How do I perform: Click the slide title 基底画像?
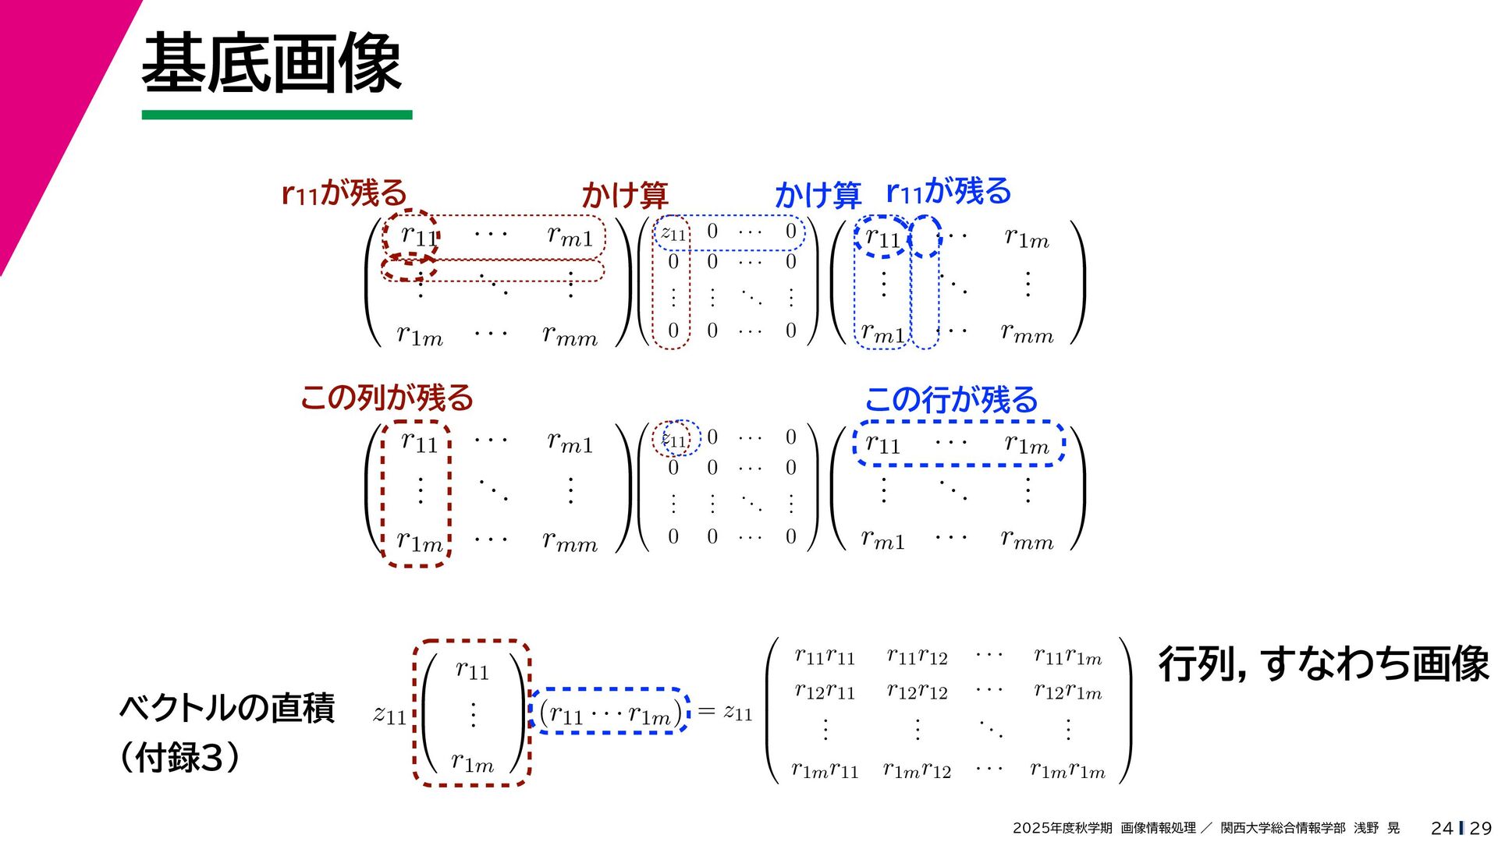[x=271, y=64]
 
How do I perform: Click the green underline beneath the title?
[x=277, y=115]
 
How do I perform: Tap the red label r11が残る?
[x=344, y=193]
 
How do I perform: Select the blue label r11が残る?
[x=948, y=191]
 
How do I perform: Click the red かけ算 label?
[x=624, y=195]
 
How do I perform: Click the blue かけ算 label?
[x=817, y=195]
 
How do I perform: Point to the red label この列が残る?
[x=387, y=398]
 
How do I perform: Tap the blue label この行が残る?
[x=951, y=400]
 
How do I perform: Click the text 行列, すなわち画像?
[x=1323, y=664]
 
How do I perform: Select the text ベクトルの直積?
[x=227, y=708]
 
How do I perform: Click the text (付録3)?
[x=179, y=757]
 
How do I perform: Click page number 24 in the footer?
[x=1442, y=828]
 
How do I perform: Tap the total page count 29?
[x=1480, y=828]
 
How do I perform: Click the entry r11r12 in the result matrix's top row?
[x=917, y=657]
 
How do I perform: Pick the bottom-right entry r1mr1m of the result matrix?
[x=1067, y=770]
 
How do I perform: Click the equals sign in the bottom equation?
[x=706, y=711]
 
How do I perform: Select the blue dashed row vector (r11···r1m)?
[x=609, y=712]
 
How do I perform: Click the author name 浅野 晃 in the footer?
[x=1376, y=828]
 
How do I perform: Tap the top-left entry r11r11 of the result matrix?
[x=825, y=657]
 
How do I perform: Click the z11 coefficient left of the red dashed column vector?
[x=389, y=714]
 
